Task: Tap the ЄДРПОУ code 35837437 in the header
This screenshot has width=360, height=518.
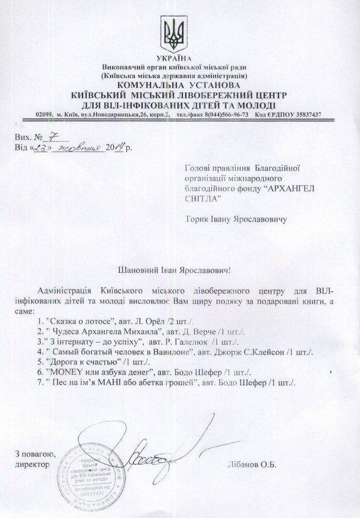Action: tap(304, 115)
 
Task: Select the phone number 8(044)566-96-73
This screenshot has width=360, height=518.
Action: tap(223, 115)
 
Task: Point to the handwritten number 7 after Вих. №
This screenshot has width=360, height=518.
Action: tap(52, 138)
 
